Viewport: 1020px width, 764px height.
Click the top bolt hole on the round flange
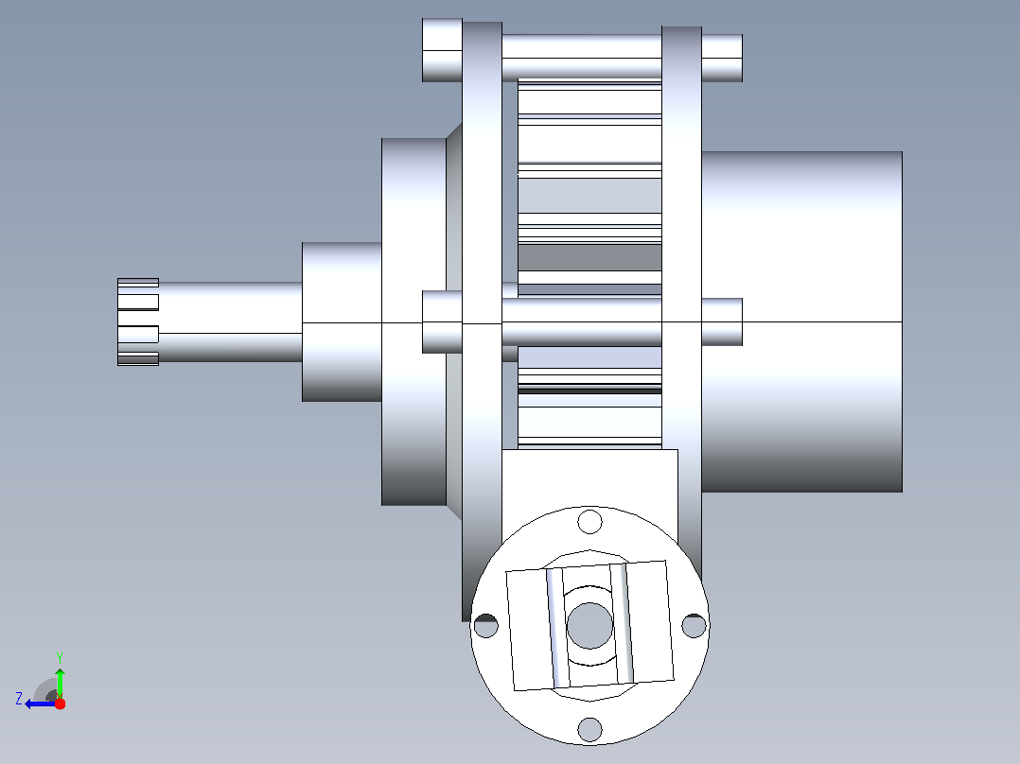click(590, 522)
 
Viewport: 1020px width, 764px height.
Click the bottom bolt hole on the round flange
click(590, 729)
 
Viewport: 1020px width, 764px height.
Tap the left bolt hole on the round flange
click(486, 626)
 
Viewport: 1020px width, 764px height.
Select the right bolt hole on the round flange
click(694, 626)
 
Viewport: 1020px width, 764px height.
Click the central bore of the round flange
click(590, 626)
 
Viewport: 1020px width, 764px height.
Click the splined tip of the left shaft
click(138, 321)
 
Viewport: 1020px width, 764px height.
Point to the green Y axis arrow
click(60, 682)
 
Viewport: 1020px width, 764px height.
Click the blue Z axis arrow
click(41, 703)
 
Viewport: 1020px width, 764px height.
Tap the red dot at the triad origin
click(60, 703)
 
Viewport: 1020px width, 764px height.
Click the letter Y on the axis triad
click(60, 657)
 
